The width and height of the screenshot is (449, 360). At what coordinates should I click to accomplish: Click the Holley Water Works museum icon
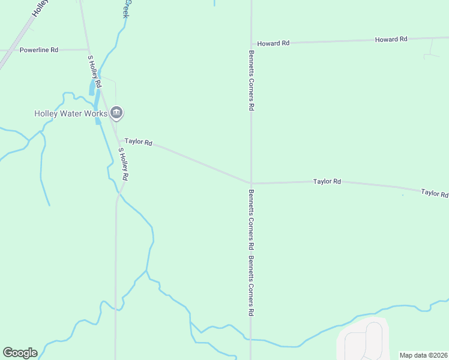[116, 112]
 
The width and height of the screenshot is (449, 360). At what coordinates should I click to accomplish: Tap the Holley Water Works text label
[70, 113]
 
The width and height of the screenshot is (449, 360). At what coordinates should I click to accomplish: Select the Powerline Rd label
[38, 50]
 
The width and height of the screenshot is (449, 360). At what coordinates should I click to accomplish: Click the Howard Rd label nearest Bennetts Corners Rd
[273, 43]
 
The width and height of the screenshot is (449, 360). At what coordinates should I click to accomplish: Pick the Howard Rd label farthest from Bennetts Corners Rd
[391, 39]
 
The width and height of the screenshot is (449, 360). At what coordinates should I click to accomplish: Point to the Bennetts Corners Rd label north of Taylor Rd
[252, 80]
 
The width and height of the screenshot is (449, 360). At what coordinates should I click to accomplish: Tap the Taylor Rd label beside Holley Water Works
[138, 142]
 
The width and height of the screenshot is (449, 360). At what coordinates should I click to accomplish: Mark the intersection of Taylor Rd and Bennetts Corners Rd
[251, 183]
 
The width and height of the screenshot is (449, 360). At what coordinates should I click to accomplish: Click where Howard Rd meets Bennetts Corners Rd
[251, 44]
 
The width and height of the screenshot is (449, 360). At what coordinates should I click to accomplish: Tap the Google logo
[20, 353]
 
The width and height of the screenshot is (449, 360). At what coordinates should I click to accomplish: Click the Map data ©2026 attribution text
[424, 355]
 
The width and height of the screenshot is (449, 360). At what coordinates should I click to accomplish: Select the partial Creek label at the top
[126, 8]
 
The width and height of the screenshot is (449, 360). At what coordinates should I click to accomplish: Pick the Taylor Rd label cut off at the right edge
[435, 193]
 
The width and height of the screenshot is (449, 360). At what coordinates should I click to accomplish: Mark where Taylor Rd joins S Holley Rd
[118, 139]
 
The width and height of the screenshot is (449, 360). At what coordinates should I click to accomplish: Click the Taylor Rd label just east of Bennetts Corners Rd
[327, 181]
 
